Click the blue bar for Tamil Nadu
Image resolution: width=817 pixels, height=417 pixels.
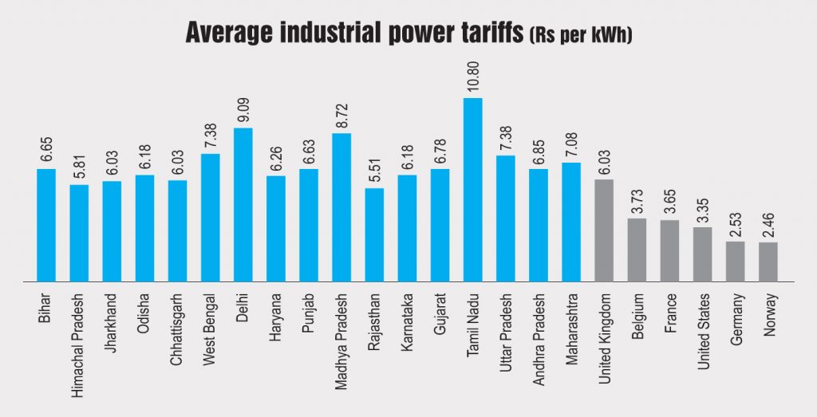(x=473, y=190)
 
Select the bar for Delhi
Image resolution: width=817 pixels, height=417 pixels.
(x=243, y=205)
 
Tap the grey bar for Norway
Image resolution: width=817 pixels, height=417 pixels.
(x=768, y=262)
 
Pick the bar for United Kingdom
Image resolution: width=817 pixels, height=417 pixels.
(x=604, y=230)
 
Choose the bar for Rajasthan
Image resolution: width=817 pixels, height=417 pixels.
(x=374, y=234)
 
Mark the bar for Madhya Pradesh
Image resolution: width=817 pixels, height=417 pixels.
(x=341, y=207)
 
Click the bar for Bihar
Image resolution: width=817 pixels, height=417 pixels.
(x=46, y=225)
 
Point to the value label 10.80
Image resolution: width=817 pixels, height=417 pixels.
(x=473, y=78)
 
